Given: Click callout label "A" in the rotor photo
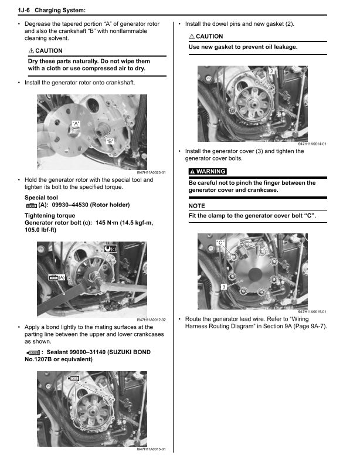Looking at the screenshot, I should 76,123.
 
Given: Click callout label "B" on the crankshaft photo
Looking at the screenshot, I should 110,141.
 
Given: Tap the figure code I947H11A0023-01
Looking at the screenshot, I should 151,172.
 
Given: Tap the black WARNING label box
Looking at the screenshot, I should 207,171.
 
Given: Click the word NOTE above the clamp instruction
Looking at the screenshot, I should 197,206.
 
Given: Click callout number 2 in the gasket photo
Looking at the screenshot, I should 271,71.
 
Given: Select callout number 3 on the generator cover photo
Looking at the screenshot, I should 223,286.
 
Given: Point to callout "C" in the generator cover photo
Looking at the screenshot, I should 220,242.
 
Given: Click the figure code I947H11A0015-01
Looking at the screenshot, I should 311,311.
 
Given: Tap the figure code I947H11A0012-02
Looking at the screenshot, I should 151,320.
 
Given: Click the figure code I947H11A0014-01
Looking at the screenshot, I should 311,144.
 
